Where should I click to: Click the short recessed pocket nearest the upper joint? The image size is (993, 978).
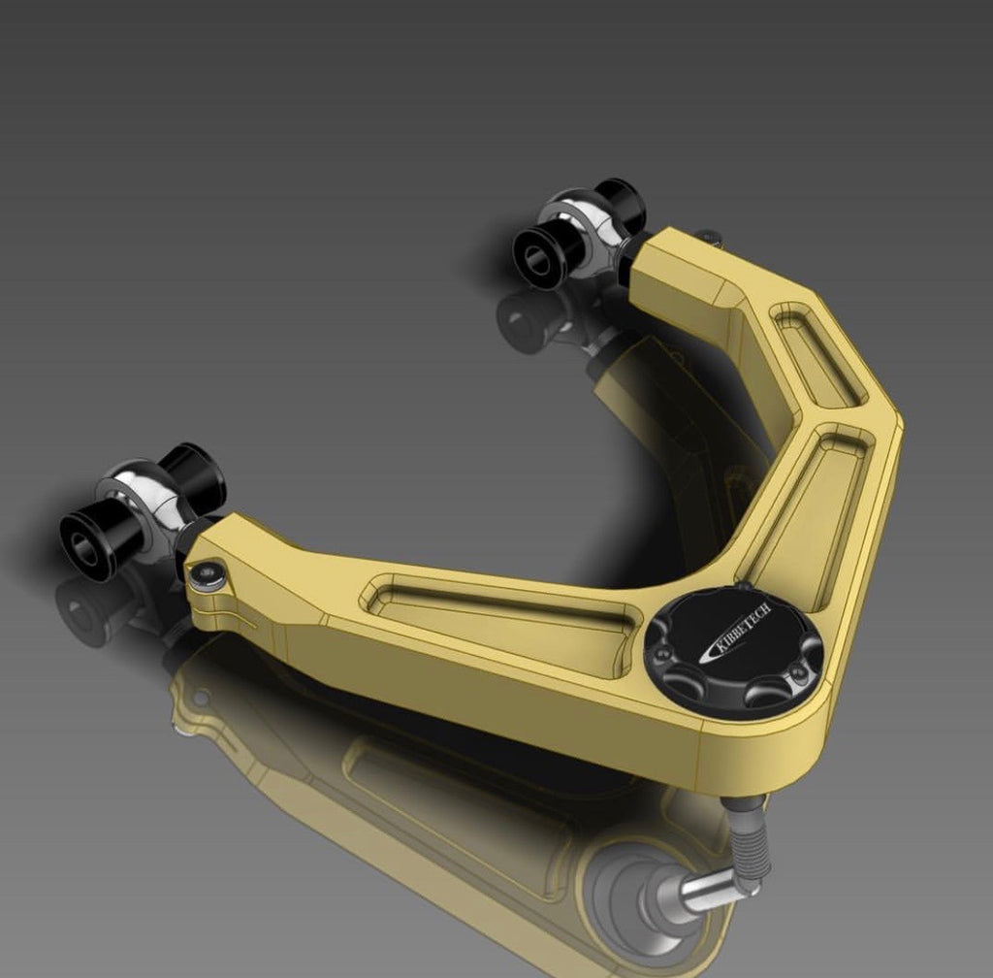tap(817, 353)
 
